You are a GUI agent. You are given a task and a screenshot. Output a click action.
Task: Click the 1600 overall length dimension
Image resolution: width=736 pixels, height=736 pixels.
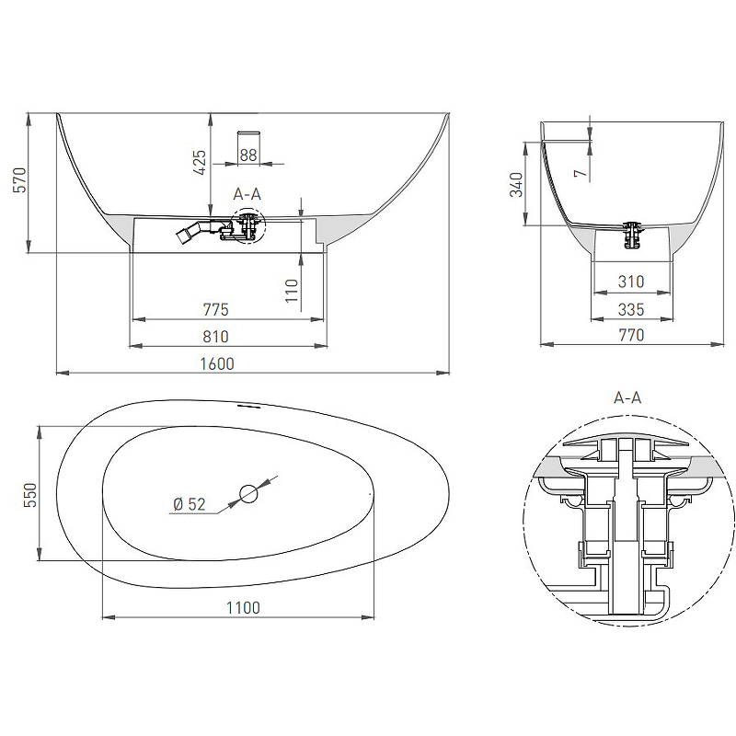coord(217,363)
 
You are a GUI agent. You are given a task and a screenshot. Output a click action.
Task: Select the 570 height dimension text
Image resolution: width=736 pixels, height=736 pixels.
coord(19,179)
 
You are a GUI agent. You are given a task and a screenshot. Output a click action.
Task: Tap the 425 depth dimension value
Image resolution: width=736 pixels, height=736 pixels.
coord(200,163)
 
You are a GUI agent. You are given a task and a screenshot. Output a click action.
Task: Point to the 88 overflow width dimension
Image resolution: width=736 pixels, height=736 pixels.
coord(248,155)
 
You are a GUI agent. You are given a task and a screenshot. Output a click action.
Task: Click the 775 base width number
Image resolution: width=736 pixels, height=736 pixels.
coord(216,310)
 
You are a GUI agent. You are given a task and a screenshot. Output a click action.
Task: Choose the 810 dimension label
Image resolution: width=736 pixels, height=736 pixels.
coord(216,337)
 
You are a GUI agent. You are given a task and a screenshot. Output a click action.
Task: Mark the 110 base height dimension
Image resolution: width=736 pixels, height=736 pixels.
coord(292,291)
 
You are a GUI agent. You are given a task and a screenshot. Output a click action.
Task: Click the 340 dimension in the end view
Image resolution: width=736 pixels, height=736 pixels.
coord(516,185)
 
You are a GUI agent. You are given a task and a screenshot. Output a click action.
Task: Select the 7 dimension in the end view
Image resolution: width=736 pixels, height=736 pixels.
coord(581,173)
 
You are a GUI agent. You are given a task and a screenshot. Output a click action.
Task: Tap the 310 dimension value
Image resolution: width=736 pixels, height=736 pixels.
coord(631,282)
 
